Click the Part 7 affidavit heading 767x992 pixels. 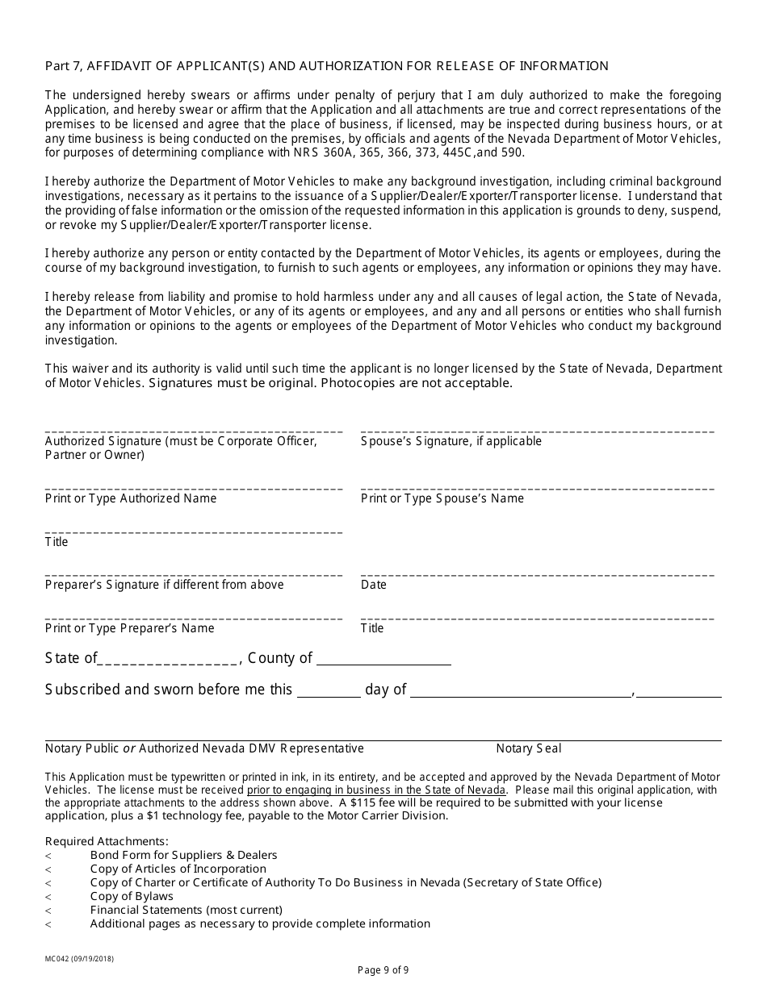coord(326,66)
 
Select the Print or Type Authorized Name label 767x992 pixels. coord(131,498)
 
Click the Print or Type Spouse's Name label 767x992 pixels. coord(442,498)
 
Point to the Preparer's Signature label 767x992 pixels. coord(164,585)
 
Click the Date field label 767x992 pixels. coord(374,585)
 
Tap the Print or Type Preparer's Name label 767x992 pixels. coord(130,628)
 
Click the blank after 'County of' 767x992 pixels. coord(383,660)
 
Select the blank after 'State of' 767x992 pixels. coord(168,660)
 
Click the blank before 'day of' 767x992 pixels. coord(329,691)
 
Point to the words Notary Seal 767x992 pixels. coord(529,748)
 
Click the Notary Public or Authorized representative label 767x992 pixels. coord(204,748)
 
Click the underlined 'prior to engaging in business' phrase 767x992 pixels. coord(376,790)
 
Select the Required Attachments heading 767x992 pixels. coord(107,841)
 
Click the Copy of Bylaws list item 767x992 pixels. coord(132,896)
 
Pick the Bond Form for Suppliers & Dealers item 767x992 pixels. coord(183,855)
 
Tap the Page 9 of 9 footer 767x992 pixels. coord(388,970)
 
